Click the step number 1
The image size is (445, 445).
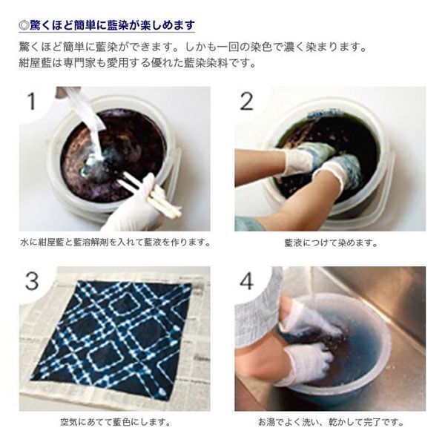click(31, 101)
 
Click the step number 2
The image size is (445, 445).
click(246, 102)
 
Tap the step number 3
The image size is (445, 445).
click(31, 281)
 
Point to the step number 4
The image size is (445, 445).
click(247, 281)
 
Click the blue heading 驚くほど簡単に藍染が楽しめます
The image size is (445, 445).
click(112, 25)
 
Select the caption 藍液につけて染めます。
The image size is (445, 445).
click(330, 243)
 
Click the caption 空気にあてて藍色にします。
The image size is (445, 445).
click(115, 422)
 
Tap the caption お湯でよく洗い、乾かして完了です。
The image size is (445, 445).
click(330, 422)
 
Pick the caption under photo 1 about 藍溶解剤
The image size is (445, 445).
click(115, 243)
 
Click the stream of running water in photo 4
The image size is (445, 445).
click(313, 286)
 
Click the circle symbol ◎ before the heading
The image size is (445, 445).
click(24, 25)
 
